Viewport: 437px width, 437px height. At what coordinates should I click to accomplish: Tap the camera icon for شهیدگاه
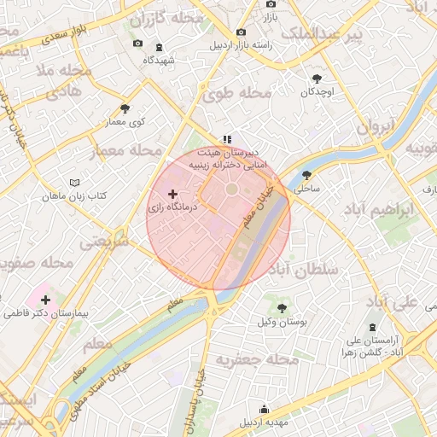coord(138,44)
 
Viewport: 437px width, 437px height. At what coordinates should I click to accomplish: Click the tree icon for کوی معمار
coord(125,108)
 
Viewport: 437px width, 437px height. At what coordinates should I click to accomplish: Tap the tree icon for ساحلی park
coord(306,175)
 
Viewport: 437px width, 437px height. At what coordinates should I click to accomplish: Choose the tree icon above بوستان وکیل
coord(281,307)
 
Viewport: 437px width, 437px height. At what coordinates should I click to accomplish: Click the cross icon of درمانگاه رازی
coord(173,195)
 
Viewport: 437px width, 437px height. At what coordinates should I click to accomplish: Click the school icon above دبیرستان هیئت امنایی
coord(226,138)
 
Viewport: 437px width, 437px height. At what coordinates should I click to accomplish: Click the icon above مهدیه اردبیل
coord(264,408)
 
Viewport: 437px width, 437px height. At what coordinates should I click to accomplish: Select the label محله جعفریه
coord(258,360)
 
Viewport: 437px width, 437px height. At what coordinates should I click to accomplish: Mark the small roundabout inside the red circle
coord(231,189)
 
